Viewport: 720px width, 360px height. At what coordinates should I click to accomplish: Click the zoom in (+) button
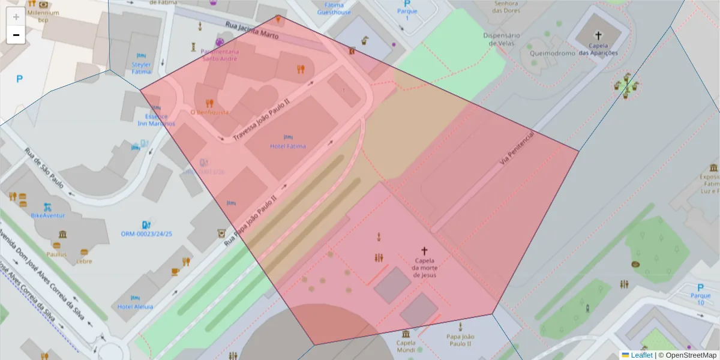16,17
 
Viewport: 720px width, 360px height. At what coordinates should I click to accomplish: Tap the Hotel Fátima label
288,146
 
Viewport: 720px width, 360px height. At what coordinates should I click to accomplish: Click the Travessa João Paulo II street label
262,121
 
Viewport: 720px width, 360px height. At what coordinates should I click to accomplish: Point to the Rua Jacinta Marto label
252,30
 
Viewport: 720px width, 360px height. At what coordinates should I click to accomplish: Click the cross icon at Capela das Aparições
598,36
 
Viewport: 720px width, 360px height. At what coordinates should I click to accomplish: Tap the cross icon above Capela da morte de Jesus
424,251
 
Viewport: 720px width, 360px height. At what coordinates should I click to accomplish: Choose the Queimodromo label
548,53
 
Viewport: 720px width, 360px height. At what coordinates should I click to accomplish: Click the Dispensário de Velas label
501,39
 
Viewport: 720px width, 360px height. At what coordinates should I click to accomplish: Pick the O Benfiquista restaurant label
209,112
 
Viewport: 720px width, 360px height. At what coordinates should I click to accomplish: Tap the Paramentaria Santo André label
220,55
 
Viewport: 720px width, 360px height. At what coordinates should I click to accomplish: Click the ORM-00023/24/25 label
146,234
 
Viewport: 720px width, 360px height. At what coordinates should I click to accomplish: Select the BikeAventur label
48,215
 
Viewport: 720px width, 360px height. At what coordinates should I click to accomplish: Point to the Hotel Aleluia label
135,307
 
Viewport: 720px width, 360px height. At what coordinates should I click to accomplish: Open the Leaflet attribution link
641,355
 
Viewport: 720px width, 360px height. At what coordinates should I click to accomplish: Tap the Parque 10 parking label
700,299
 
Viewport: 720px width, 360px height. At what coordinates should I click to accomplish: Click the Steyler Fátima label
142,68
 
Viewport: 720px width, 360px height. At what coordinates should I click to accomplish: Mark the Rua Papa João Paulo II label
251,219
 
